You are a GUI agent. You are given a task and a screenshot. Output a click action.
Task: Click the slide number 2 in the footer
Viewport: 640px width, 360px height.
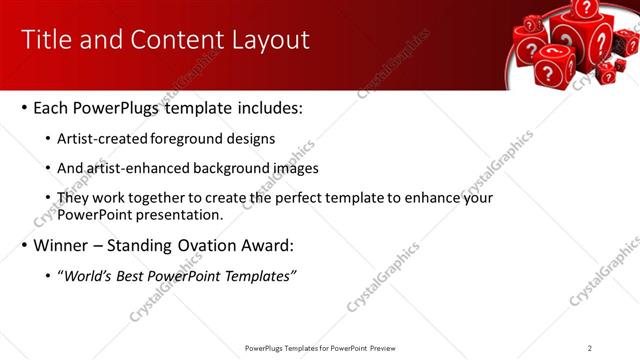click(590, 348)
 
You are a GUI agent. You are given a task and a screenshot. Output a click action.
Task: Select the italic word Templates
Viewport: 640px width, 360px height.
click(259, 276)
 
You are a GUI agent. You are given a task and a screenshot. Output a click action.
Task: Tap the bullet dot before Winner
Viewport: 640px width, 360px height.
click(23, 246)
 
